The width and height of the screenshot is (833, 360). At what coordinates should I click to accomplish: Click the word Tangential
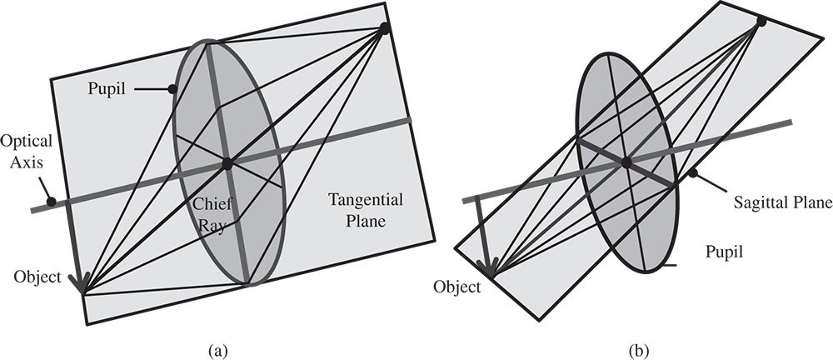(x=365, y=200)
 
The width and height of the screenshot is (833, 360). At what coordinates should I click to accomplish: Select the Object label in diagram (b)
(x=457, y=287)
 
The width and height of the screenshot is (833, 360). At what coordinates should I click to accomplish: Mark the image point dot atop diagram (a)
(x=384, y=28)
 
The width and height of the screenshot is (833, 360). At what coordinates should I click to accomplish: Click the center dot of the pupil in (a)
(x=226, y=164)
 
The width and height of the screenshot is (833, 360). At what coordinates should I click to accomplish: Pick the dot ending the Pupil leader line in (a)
(x=172, y=87)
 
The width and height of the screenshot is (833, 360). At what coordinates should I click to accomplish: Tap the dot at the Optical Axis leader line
(x=52, y=201)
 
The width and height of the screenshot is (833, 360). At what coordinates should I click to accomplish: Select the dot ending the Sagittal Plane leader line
(x=691, y=173)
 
